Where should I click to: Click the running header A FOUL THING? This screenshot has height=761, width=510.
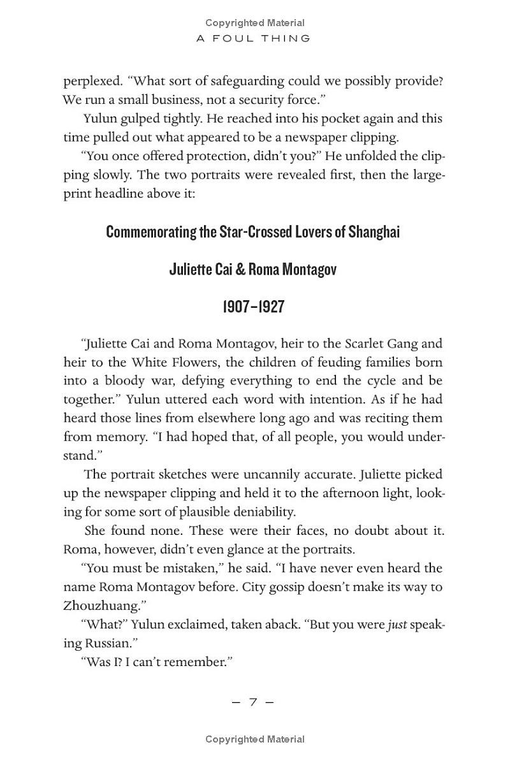253,38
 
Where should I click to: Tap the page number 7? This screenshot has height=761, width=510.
252,702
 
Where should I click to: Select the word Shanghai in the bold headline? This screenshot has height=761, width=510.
374,231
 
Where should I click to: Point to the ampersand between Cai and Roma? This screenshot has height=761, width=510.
240,269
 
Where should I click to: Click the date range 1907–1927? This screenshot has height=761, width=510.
253,307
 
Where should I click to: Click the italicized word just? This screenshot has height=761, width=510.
396,625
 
